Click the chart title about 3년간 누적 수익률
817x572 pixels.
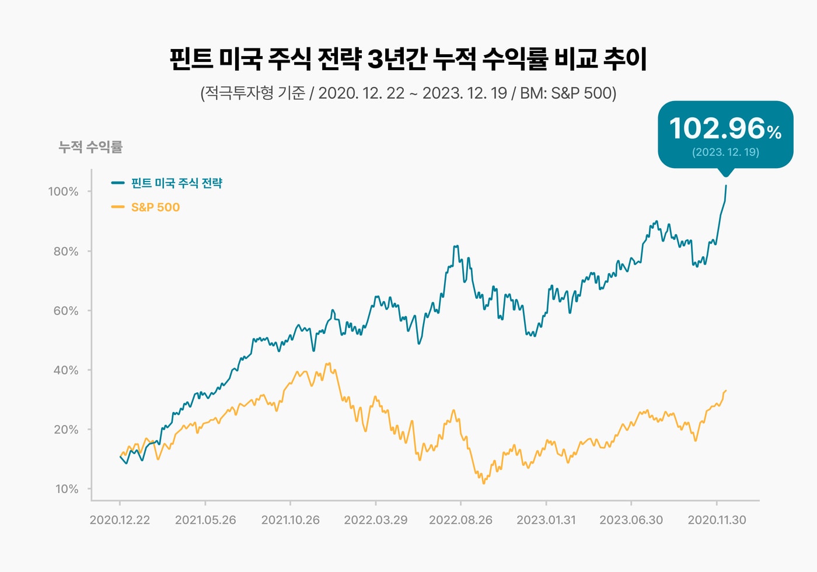click(408, 60)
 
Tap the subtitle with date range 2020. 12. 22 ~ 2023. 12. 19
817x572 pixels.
click(408, 93)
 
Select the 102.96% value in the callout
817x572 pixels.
click(725, 128)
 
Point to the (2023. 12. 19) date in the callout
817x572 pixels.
click(725, 152)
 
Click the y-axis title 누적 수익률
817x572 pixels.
click(90, 147)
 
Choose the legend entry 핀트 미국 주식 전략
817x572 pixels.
click(176, 183)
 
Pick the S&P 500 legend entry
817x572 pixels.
click(155, 207)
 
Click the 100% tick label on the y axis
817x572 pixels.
click(63, 191)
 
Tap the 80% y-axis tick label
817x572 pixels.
click(65, 252)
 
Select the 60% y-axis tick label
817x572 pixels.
click(65, 311)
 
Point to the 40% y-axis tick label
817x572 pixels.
click(65, 371)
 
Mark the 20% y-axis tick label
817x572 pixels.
click(65, 430)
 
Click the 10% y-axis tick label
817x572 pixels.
click(66, 489)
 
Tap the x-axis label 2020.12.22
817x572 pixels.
click(120, 520)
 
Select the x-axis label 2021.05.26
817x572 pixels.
click(205, 520)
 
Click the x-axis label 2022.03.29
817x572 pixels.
click(375, 520)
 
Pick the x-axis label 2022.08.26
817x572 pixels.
click(460, 520)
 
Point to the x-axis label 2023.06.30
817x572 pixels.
click(631, 520)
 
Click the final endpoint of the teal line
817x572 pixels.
click(726, 186)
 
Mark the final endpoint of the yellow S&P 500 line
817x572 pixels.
click(726, 390)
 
